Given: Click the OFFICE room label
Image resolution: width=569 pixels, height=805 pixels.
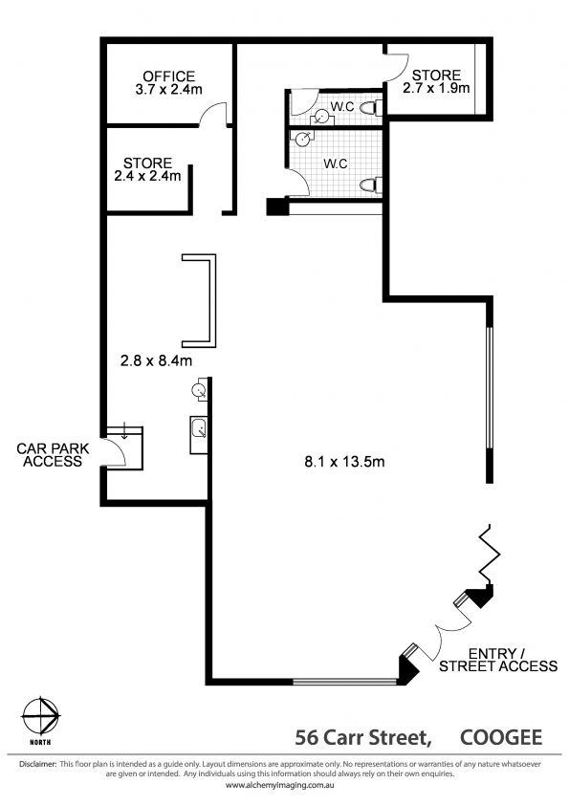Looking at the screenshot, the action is (x=169, y=76).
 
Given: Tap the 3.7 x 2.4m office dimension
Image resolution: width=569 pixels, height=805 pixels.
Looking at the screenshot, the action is (x=169, y=89).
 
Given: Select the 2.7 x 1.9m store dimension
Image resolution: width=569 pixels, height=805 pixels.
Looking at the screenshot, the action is (x=436, y=88).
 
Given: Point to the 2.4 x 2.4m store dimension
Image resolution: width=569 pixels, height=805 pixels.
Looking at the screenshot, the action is (x=147, y=176).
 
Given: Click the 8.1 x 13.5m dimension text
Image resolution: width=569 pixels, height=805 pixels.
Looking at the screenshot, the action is (x=344, y=462).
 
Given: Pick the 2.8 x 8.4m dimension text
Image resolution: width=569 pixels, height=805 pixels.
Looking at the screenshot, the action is (x=156, y=361).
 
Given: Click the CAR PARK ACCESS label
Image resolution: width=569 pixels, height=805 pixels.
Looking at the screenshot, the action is (x=53, y=455).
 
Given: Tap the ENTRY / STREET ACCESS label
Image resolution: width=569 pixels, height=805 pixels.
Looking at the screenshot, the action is (x=498, y=661).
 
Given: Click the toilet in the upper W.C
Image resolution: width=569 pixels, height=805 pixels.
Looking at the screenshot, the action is (x=370, y=108).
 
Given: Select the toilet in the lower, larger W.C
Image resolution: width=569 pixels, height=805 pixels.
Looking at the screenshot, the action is (x=370, y=185).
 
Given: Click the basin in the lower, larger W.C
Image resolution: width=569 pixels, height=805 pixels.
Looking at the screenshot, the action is (x=302, y=138).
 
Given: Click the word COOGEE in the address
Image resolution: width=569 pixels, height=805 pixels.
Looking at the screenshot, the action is (x=501, y=738).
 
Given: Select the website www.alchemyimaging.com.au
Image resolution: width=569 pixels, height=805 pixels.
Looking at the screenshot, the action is (x=280, y=786).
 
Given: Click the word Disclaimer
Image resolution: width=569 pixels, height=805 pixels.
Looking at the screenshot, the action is (x=37, y=764).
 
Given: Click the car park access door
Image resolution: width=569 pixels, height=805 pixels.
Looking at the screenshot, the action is (x=114, y=452).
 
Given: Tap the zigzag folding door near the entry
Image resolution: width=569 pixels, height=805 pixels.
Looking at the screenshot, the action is (x=489, y=555).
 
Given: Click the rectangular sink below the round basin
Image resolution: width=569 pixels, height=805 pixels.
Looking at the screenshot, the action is (x=199, y=434).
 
